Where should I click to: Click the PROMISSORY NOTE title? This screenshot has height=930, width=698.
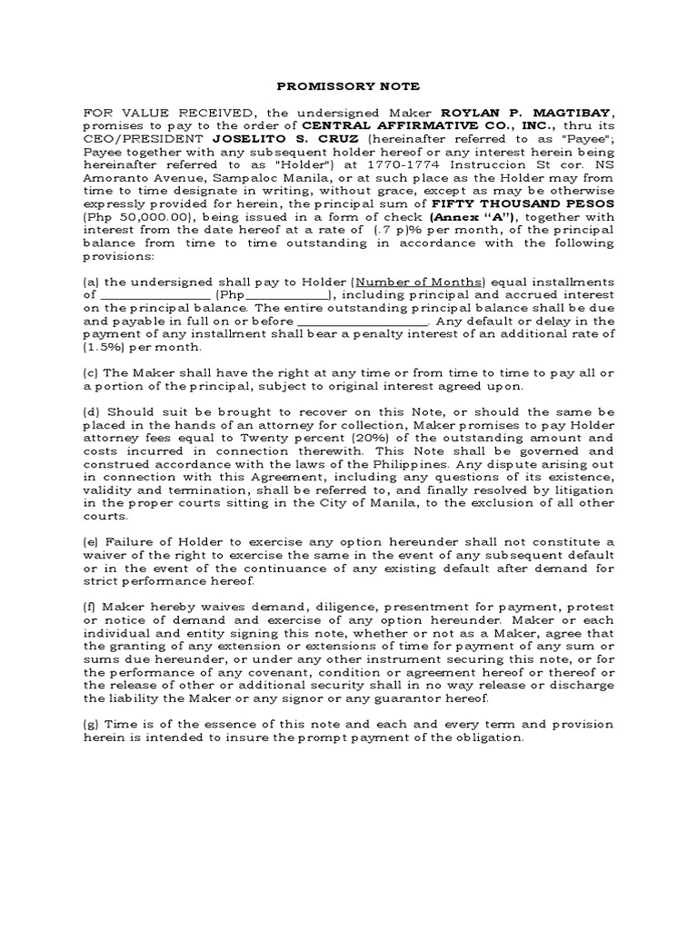tap(349, 86)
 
